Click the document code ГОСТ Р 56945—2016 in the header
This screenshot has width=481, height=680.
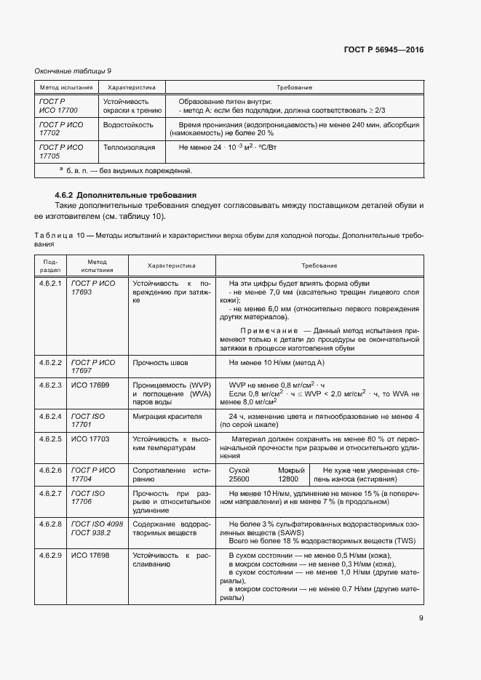click(383, 50)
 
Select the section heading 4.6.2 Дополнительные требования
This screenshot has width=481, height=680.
click(126, 196)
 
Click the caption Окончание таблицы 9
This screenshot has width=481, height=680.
click(73, 71)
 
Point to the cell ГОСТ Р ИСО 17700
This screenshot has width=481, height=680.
click(59, 105)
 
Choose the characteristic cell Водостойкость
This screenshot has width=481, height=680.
click(129, 124)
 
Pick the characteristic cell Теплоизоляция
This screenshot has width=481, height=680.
click(130, 147)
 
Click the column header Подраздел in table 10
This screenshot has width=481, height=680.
click(50, 265)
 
